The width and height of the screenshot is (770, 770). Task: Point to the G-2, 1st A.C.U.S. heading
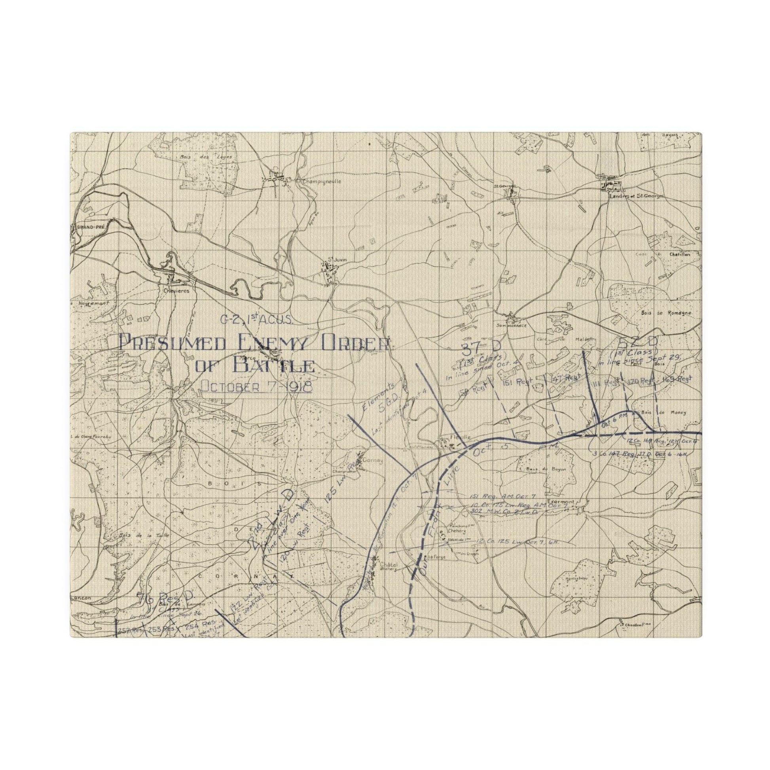257,319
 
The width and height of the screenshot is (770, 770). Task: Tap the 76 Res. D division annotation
165,609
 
